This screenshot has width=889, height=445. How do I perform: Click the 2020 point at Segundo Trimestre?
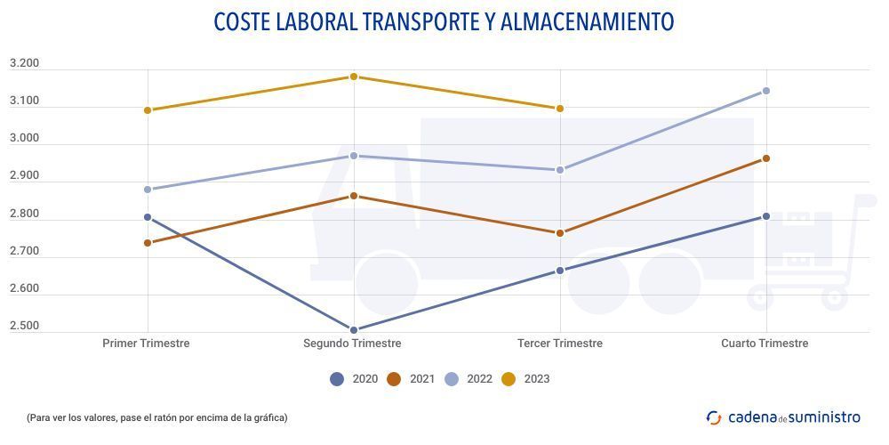click(x=354, y=330)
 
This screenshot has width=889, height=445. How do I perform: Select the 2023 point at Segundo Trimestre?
click(x=354, y=77)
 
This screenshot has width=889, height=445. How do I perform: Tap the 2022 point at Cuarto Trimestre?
click(x=765, y=91)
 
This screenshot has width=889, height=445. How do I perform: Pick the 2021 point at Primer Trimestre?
click(x=148, y=243)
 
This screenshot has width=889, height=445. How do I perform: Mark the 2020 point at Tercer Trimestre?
click(x=560, y=271)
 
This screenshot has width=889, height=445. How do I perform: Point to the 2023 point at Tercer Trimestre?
click(x=560, y=109)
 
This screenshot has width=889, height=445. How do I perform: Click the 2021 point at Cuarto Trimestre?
click(x=765, y=158)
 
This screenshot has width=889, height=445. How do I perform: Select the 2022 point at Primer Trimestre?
click(x=148, y=190)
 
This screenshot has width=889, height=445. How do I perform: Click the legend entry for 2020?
click(x=354, y=379)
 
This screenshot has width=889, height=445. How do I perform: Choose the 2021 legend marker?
click(x=395, y=379)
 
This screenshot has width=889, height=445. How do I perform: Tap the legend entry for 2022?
click(x=468, y=379)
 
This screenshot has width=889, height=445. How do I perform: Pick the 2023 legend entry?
click(x=525, y=379)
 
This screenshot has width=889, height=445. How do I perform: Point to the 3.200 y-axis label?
click(x=24, y=64)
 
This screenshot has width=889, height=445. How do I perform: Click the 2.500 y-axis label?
click(x=24, y=327)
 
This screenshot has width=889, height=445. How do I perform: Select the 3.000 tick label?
click(x=24, y=139)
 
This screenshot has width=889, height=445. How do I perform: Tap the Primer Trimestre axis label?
click(x=147, y=344)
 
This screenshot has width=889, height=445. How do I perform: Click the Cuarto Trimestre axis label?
click(x=765, y=344)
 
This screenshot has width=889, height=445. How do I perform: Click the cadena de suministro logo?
click(x=783, y=417)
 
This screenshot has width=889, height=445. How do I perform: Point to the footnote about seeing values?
click(x=157, y=417)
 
